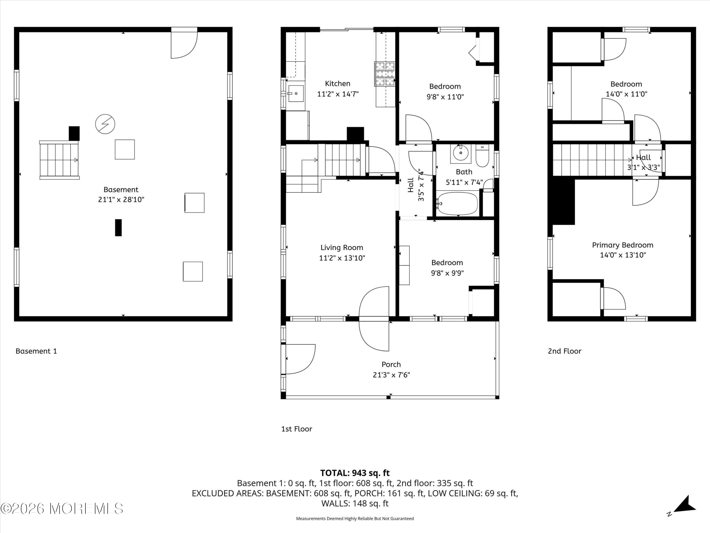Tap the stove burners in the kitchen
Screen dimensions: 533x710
[385, 74]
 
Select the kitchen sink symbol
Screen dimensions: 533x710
[296, 94]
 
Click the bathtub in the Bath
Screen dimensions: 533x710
[457, 203]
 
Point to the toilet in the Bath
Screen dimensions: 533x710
[482, 156]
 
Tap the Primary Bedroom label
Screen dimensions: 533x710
[622, 245]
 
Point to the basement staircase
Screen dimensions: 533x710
[59, 160]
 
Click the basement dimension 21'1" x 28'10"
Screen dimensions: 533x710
[121, 199]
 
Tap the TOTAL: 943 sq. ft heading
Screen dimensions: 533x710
[355, 473]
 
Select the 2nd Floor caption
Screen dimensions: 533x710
[564, 351]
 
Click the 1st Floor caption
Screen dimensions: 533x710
[296, 429]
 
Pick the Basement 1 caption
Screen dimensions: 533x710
[36, 351]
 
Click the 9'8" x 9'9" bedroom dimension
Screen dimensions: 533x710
[447, 273]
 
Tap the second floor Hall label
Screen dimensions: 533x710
[643, 158]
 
